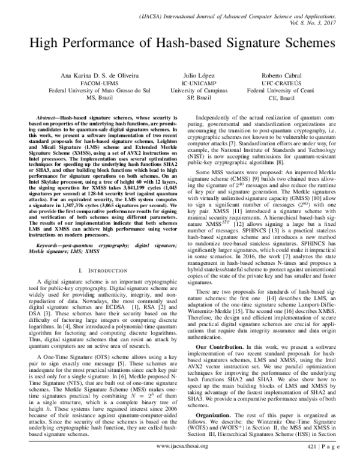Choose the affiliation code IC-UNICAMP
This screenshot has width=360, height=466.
point(189,83)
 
